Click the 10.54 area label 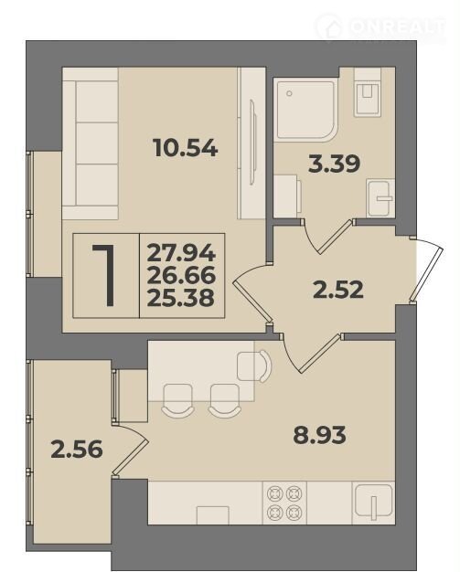pos(186,148)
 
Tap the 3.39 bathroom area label pos(334,164)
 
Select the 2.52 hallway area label pos(338,290)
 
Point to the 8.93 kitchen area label pos(319,435)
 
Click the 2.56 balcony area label pos(77,449)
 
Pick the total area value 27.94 pos(181,253)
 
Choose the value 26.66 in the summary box pos(181,276)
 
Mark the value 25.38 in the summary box pos(180,298)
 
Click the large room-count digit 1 pos(105,275)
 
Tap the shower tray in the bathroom pos(306,110)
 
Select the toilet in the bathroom pos(368,91)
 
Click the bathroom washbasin pos(380,198)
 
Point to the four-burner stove pos(284,503)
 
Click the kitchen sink pos(373,503)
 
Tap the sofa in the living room pos(91,143)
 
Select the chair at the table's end pos(254,366)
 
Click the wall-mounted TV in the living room pos(252,142)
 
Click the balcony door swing pos(131,450)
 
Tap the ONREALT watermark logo pos(381,27)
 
